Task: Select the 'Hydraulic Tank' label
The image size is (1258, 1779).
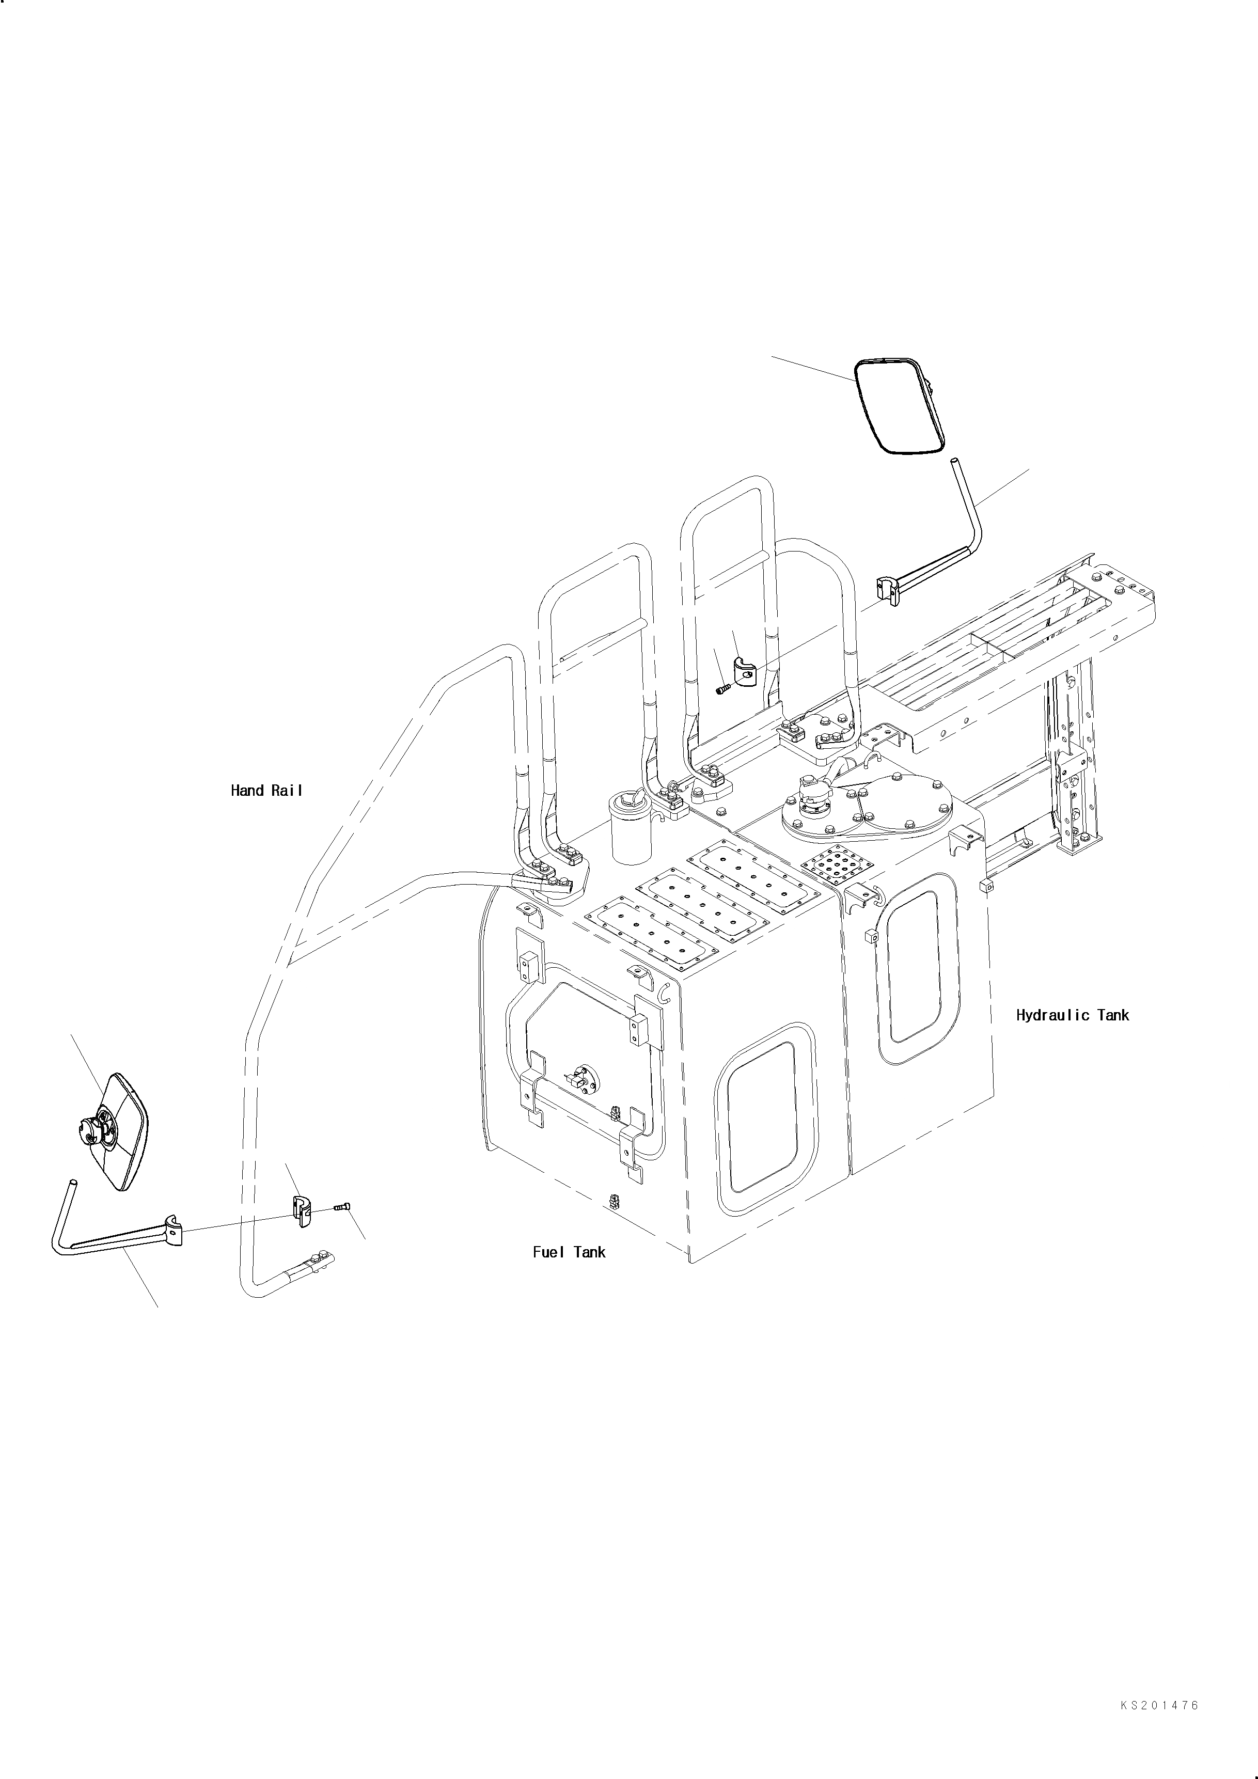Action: tap(1072, 1015)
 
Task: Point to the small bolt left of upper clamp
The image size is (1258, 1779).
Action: tap(722, 687)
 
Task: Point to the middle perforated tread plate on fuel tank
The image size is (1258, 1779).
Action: tap(702, 903)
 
